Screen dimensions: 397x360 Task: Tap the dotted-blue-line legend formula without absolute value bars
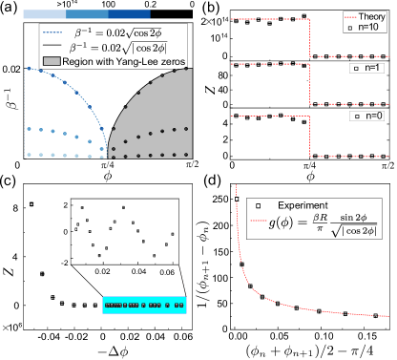coord(117,32)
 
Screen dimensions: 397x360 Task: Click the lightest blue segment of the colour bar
coord(44,14)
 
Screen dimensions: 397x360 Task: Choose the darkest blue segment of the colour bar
coord(130,14)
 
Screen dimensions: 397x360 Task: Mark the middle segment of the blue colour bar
coord(87,14)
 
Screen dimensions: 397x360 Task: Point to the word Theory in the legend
coord(369,16)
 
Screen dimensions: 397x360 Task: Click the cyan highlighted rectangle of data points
coord(143,305)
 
